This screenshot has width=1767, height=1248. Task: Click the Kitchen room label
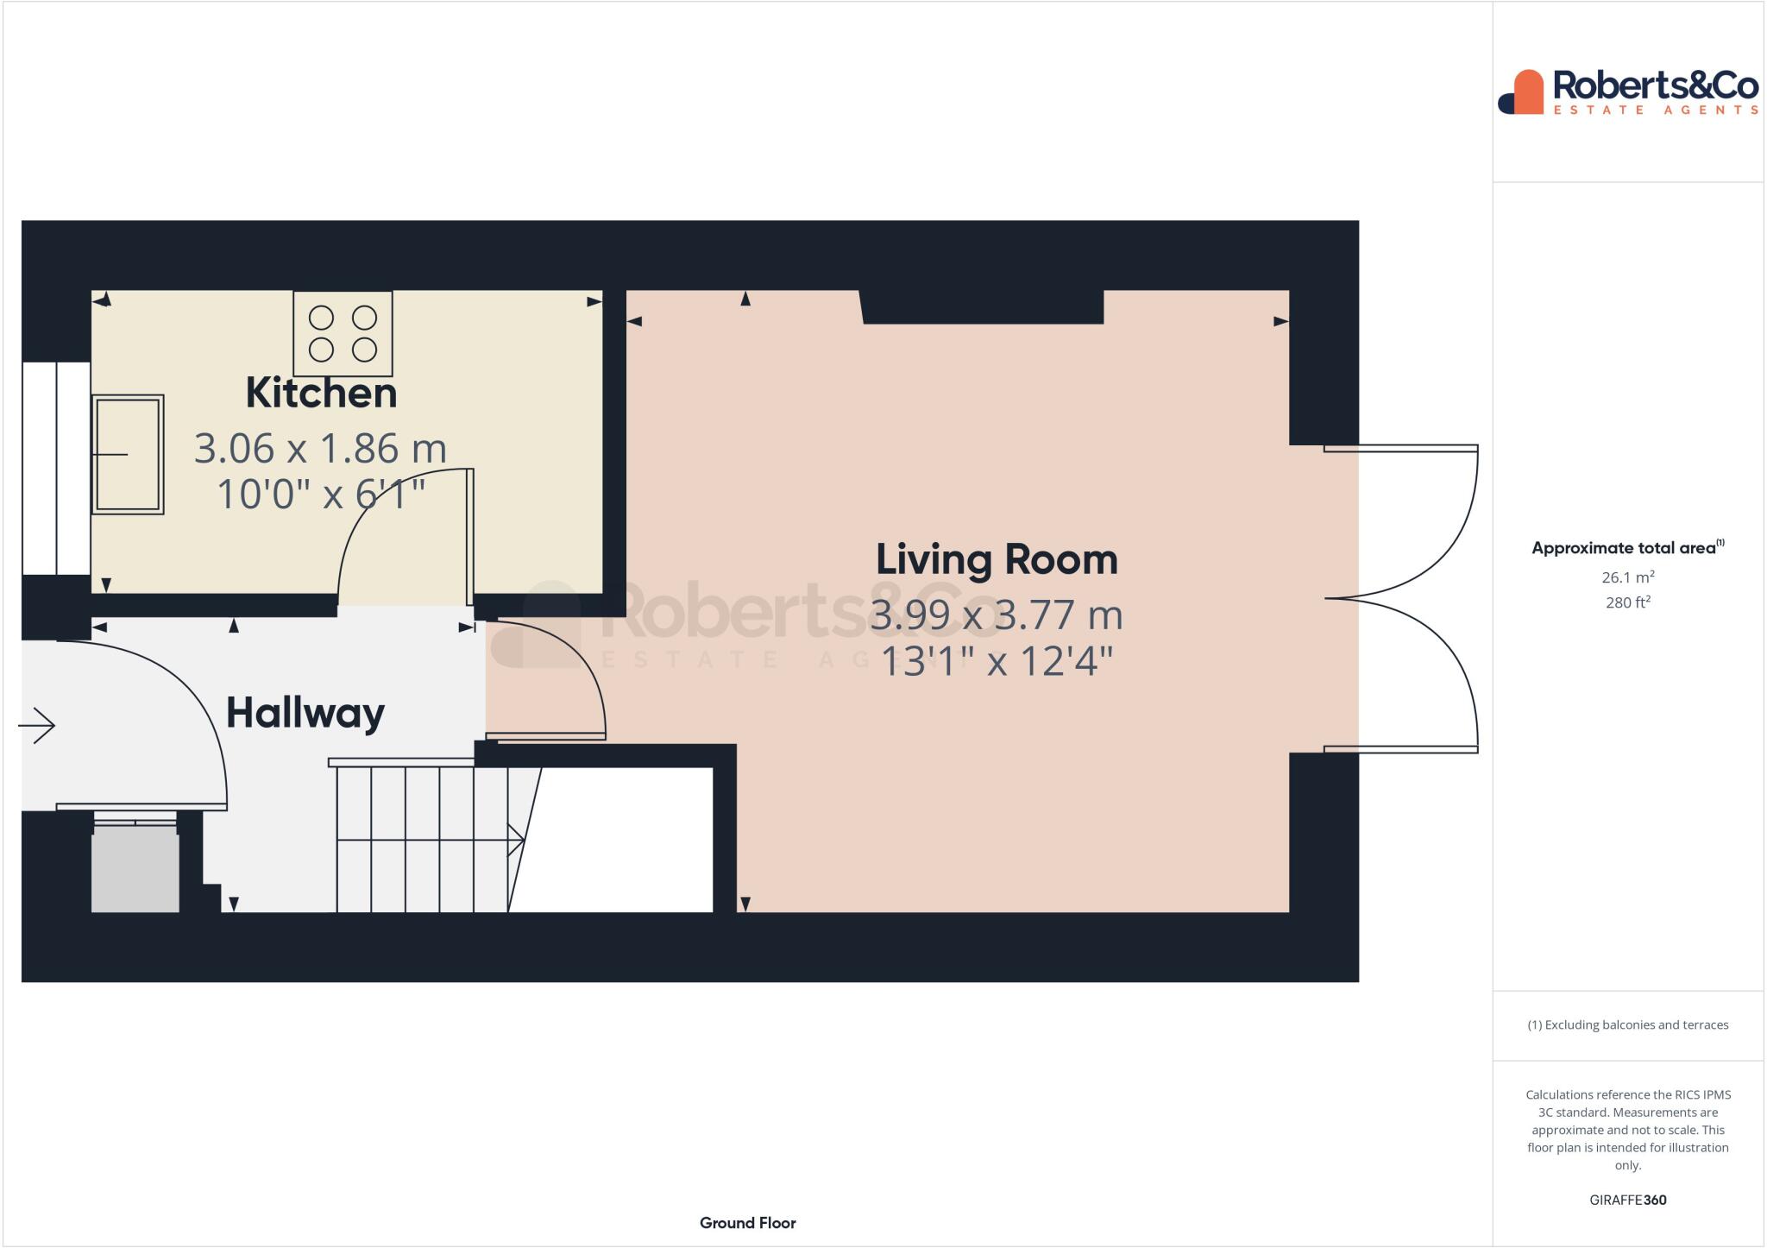[x=321, y=394]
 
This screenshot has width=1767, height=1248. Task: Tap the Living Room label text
[x=997, y=560]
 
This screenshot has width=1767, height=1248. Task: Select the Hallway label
[x=305, y=714]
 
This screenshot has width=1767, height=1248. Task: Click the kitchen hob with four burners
[x=343, y=333]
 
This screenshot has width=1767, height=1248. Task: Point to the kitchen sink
[x=128, y=455]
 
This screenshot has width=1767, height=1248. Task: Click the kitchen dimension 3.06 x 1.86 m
[x=320, y=449]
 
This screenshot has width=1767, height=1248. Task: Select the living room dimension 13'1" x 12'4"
[x=997, y=663]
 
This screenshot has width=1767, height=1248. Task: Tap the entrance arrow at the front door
[x=37, y=725]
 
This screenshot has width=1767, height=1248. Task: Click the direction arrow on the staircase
[x=514, y=840]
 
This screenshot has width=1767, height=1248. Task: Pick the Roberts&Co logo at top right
[x=1627, y=92]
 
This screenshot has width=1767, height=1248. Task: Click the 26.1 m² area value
[x=1627, y=577]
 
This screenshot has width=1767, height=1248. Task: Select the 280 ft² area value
[x=1627, y=602]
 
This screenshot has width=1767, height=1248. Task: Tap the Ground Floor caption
[x=747, y=1223]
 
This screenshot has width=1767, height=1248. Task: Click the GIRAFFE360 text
[x=1627, y=1201]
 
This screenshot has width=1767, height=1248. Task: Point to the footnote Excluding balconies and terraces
[x=1627, y=1025]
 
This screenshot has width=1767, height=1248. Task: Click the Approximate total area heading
[x=1626, y=548]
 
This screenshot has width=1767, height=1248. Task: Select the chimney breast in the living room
[x=982, y=307]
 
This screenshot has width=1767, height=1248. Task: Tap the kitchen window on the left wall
[x=56, y=468]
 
